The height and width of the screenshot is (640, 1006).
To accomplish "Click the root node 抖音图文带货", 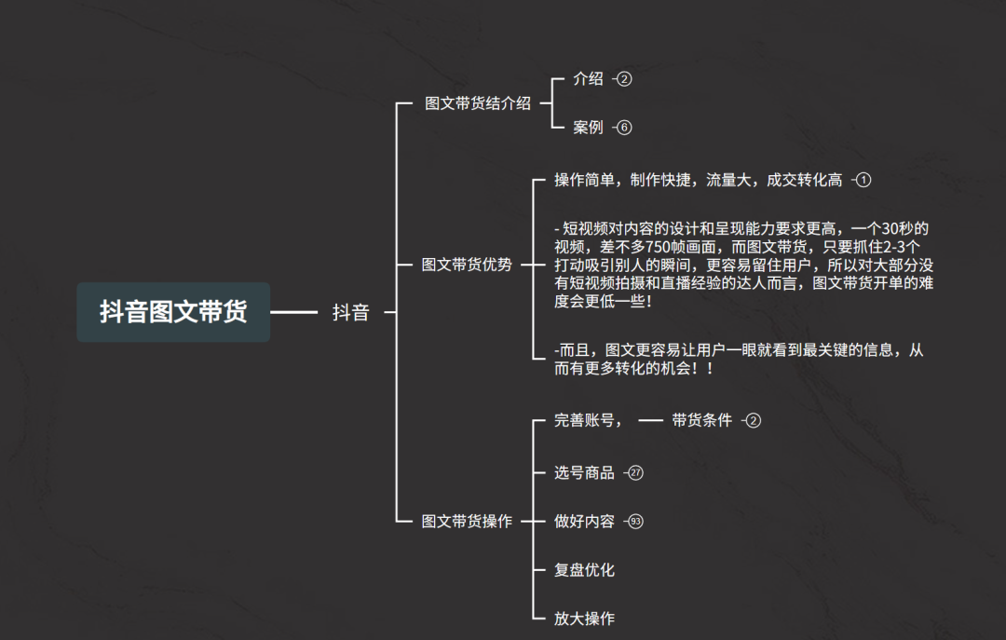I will coord(173,312).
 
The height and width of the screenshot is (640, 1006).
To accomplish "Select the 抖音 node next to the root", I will coord(351,313).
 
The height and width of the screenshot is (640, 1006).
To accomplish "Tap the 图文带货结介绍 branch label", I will coord(477,103).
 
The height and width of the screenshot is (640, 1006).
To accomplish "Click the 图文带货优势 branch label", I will coord(467,265).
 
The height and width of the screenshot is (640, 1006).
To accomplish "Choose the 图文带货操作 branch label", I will coord(467,522).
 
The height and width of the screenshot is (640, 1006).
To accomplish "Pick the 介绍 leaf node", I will coord(588,79).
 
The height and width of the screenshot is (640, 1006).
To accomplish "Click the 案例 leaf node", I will coord(588,128).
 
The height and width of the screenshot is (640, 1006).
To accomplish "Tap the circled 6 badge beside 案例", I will coord(624,128).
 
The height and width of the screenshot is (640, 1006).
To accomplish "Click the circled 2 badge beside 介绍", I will coord(624,79).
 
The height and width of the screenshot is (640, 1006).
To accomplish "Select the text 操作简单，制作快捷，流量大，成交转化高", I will coord(698,180).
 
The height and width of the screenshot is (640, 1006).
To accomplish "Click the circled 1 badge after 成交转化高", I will coord(863,180).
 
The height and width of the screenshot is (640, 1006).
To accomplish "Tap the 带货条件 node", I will coord(701,420).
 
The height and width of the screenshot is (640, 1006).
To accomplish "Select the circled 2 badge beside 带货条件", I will coord(754,420).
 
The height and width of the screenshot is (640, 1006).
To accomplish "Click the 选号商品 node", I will coord(584,473).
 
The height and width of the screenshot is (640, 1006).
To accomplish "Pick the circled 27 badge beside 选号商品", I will coord(636,473).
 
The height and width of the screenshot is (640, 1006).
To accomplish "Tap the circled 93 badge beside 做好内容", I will coord(636,522).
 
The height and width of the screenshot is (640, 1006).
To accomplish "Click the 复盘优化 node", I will coord(584,570).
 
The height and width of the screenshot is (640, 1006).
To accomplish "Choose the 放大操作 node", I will coord(584,619).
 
